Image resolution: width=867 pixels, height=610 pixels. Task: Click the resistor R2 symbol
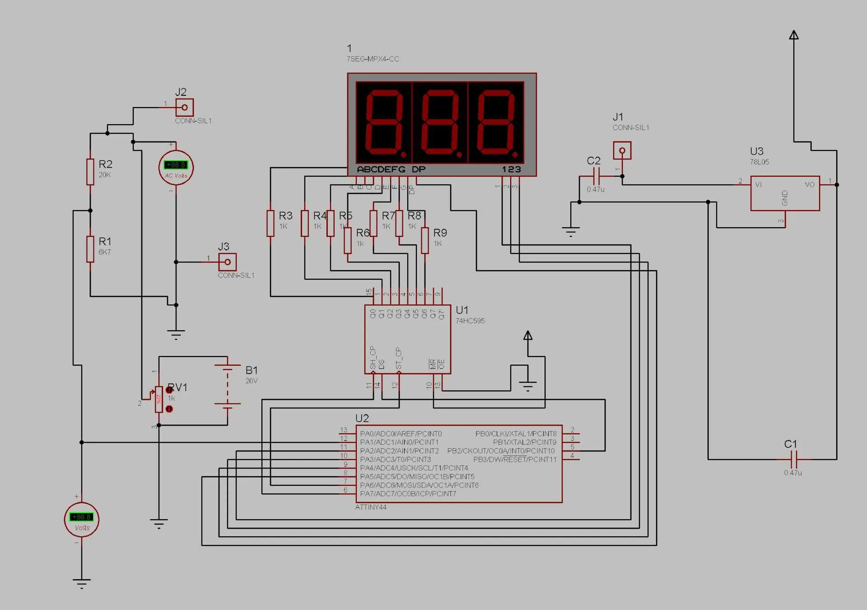pyautogui.click(x=90, y=172)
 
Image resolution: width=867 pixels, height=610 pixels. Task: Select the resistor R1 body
pyautogui.click(x=90, y=249)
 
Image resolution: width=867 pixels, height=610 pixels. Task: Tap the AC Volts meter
pyautogui.click(x=176, y=168)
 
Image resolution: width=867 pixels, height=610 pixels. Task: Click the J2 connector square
pyautogui.click(x=184, y=108)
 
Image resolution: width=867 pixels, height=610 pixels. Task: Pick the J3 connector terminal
pyautogui.click(x=228, y=262)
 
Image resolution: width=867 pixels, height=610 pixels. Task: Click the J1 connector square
pyautogui.click(x=622, y=150)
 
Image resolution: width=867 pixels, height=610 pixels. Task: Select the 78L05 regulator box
pyautogui.click(x=785, y=193)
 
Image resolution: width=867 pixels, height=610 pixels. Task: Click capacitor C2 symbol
pyautogui.click(x=596, y=176)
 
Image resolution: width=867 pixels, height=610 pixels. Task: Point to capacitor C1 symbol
pyautogui.click(x=794, y=460)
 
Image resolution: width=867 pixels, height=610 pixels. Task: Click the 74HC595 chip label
pyautogui.click(x=470, y=321)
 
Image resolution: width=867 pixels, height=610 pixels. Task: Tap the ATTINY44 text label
pyautogui.click(x=371, y=507)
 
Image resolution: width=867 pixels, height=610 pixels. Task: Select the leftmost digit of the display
pyautogui.click(x=384, y=122)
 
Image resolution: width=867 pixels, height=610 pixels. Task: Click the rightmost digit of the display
pyautogui.click(x=496, y=122)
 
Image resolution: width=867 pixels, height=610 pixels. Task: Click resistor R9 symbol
pyautogui.click(x=424, y=240)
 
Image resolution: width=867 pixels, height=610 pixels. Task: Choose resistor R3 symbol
pyautogui.click(x=270, y=223)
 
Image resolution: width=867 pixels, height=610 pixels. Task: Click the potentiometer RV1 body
pyautogui.click(x=159, y=399)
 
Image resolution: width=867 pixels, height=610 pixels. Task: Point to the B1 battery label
pyautogui.click(x=252, y=370)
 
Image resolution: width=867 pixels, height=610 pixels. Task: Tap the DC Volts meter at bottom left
pyautogui.click(x=82, y=520)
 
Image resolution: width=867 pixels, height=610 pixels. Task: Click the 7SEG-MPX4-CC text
pyautogui.click(x=373, y=59)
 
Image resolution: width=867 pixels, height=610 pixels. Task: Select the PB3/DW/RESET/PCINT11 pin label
pyautogui.click(x=515, y=460)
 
